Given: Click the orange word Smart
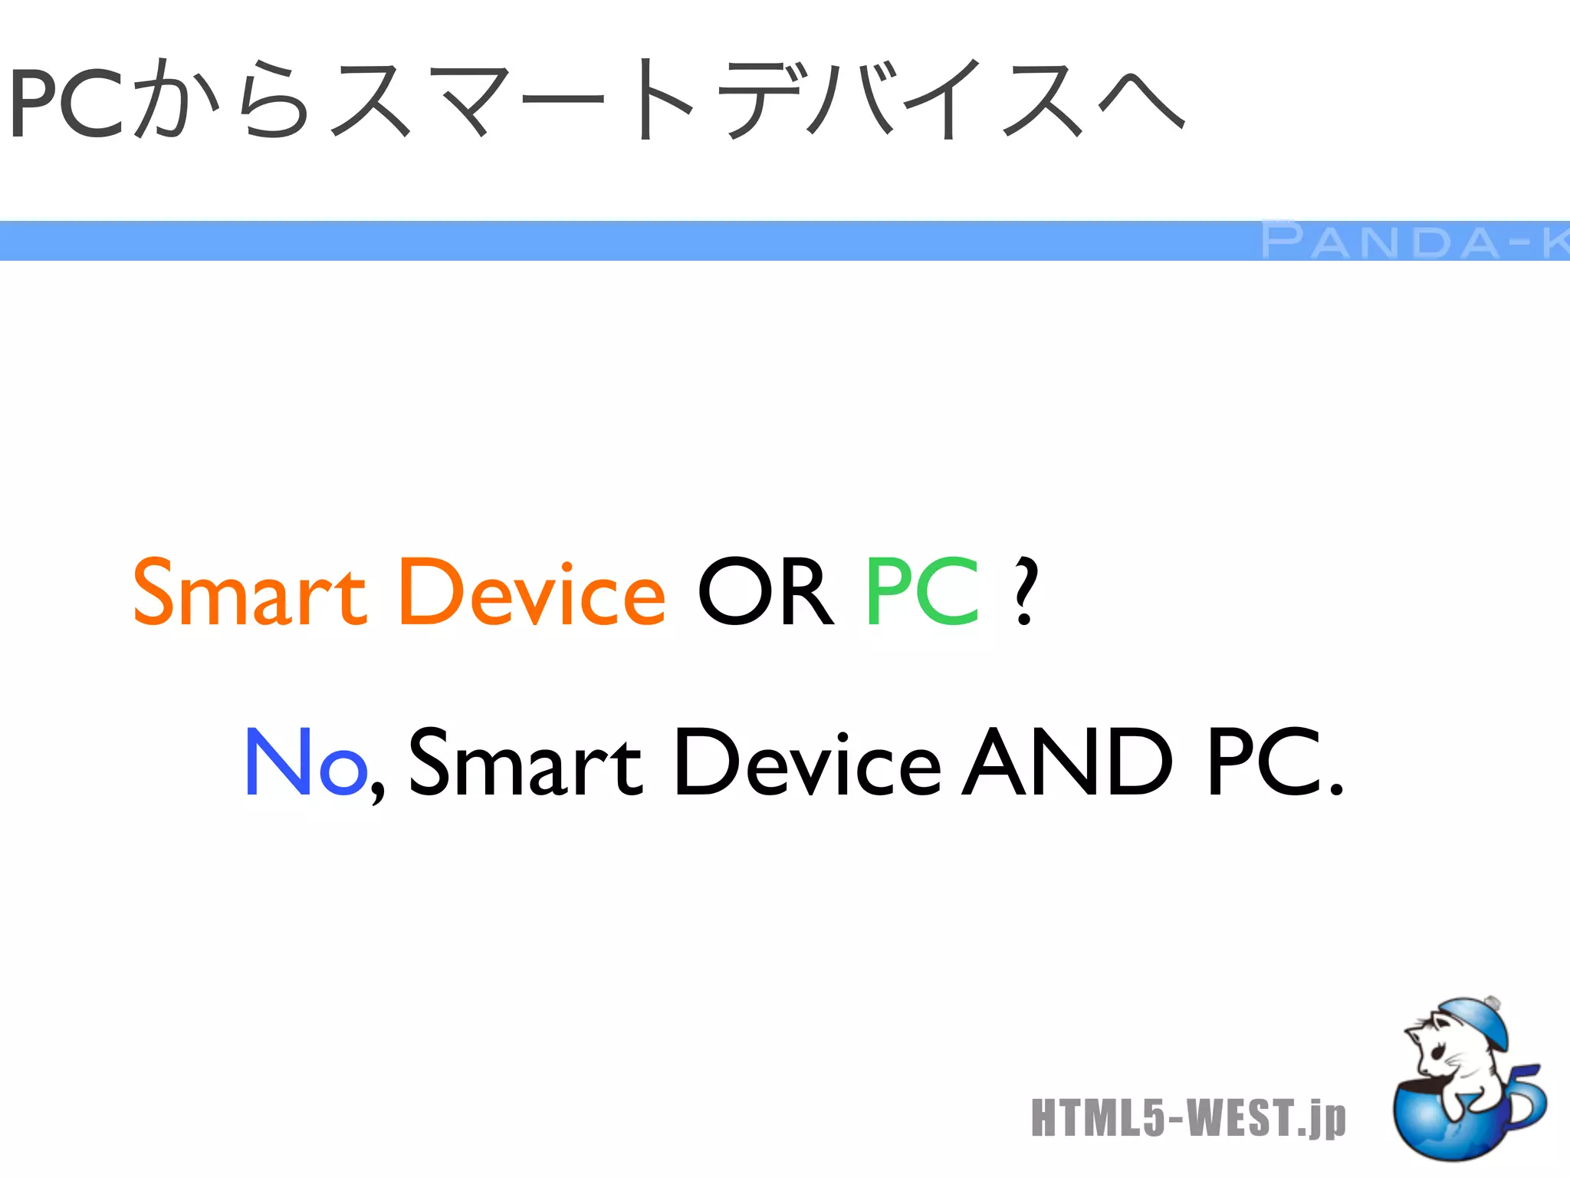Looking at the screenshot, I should point(249,592).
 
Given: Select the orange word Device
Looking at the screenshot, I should point(532,592).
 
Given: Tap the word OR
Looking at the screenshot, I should point(764,592).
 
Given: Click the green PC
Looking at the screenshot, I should point(923,592).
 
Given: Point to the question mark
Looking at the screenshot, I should point(1024,592).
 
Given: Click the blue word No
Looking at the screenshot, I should point(305,762).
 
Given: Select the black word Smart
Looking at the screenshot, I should point(525,762).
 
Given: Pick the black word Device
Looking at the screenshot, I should point(807,762).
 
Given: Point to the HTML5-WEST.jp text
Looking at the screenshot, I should point(1188,1117).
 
